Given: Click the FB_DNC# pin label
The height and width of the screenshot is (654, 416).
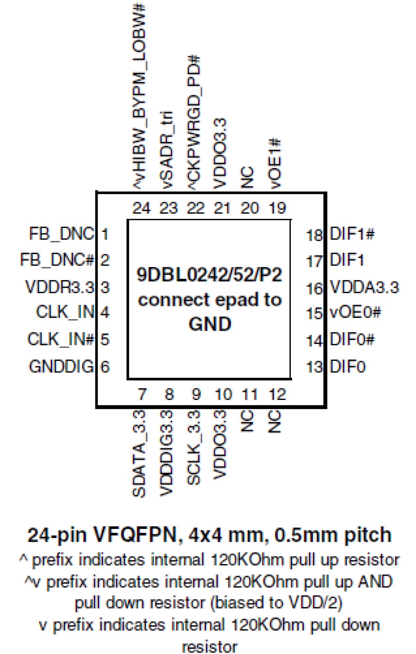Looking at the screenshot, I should coord(57,260).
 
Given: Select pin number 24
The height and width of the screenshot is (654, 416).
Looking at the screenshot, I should coord(141,208).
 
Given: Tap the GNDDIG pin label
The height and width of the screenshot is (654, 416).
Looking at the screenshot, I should coord(62,366).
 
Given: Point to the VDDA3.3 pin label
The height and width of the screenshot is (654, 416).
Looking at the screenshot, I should coord(364,287).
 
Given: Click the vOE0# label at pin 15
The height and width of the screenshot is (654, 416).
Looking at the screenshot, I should coord(355,312).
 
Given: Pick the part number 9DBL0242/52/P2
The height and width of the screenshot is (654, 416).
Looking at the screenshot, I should coord(209,275).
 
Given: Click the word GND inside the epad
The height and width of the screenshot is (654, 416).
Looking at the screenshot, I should coord(210,324).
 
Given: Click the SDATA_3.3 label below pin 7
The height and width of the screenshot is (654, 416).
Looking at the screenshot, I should coord(139,453).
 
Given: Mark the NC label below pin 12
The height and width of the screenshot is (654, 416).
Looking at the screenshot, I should coord(275,421).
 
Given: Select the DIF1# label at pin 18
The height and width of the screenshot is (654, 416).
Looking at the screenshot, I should coord(352,234).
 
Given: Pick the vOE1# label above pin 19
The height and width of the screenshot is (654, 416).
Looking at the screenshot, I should coord(275,164).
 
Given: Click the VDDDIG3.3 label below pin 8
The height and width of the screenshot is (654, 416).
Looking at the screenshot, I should coord(166,453).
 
